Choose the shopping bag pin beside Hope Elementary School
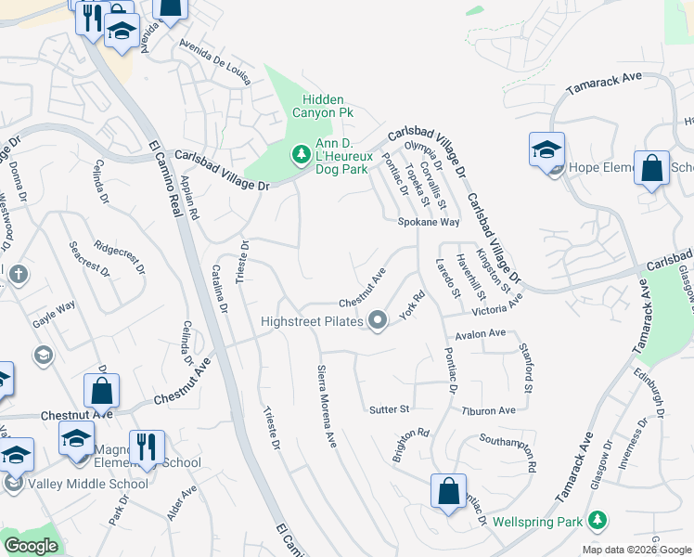pyautogui.click(x=652, y=170)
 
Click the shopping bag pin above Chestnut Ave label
pyautogui.click(x=101, y=392)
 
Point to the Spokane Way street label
pyautogui.click(x=429, y=223)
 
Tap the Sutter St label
pyautogui.click(x=389, y=408)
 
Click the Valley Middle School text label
pyautogui.click(x=88, y=484)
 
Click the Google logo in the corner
pyautogui.click(x=31, y=546)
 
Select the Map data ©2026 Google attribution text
pyautogui.click(x=636, y=550)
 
